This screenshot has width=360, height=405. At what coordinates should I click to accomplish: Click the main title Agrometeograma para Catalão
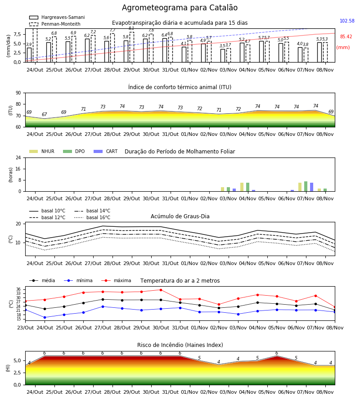click(x=180, y=8)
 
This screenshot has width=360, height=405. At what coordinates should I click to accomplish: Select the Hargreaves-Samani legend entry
click(x=57, y=17)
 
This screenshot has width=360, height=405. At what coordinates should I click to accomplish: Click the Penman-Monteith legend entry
click(x=55, y=24)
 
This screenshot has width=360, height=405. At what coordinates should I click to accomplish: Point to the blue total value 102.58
click(x=347, y=21)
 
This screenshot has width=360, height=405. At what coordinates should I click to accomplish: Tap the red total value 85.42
click(x=346, y=37)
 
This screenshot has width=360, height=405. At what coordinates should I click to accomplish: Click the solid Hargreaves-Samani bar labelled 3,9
click(x=29, y=55)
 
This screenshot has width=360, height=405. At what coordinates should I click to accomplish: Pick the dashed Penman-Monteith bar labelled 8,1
click(x=132, y=47)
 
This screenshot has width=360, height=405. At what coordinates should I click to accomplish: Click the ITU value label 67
click(x=45, y=114)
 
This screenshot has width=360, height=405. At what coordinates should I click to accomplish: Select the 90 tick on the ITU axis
click(x=18, y=93)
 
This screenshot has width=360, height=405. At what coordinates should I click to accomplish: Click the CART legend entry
click(x=106, y=151)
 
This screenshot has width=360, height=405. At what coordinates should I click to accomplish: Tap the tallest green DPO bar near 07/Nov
click(x=306, y=186)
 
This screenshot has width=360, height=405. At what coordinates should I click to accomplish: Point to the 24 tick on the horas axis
click(x=18, y=157)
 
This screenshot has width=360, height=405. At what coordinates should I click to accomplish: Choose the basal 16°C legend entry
click(x=92, y=217)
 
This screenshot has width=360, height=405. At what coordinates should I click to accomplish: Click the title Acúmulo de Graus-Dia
click(x=180, y=216)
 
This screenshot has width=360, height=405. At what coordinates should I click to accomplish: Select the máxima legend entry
click(x=116, y=280)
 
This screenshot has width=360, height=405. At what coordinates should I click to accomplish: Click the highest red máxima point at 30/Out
click(x=161, y=290)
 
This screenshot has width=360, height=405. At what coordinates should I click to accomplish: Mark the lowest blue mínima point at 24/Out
click(x=45, y=317)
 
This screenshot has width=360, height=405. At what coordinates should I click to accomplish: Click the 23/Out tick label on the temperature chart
click(x=25, y=328)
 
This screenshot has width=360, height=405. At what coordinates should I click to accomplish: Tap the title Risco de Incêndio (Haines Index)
click(x=180, y=345)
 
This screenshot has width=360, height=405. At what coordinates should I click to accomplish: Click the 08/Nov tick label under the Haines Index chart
click(x=325, y=392)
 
